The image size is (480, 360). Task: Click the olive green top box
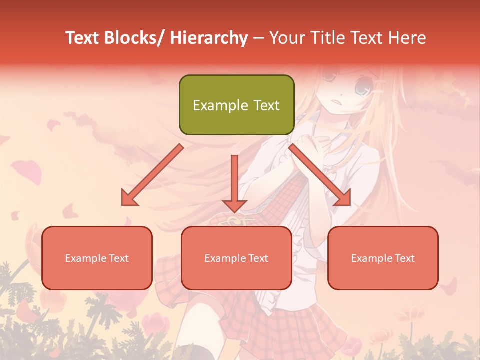pos(236,105)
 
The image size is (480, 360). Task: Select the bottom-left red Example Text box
pos(97,258)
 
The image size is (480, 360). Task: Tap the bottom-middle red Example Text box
pos(236,258)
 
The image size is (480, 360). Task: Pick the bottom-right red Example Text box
pos(383,258)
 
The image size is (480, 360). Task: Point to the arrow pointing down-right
pos(320,175)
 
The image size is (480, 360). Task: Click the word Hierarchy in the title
pos(209,38)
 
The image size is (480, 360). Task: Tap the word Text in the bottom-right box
pos(404,258)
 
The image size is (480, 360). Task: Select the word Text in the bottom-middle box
pos(257,258)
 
